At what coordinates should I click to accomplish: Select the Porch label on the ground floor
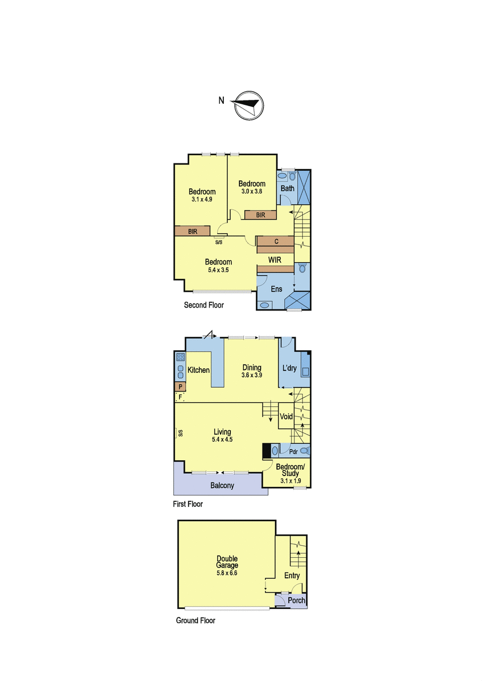pyautogui.click(x=296, y=600)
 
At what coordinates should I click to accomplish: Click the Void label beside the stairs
pyautogui.click(x=286, y=416)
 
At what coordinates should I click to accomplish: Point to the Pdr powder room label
pyautogui.click(x=293, y=452)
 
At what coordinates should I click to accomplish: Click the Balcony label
pyautogui.click(x=222, y=486)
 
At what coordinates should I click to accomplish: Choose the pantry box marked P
pyautogui.click(x=180, y=386)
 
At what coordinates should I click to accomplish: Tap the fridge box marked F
pyautogui.click(x=180, y=397)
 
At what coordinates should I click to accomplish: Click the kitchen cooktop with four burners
pyautogui.click(x=180, y=356)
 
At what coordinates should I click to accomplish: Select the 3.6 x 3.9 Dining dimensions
pyautogui.click(x=252, y=375)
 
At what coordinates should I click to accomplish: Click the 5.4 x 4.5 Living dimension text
pyautogui.click(x=222, y=439)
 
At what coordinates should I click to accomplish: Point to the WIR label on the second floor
pyautogui.click(x=275, y=260)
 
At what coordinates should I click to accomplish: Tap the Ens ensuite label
pyautogui.click(x=276, y=289)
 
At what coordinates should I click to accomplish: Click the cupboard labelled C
pyautogui.click(x=276, y=241)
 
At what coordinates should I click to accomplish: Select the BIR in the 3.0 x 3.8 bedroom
pyautogui.click(x=261, y=215)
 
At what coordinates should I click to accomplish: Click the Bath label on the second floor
pyautogui.click(x=288, y=188)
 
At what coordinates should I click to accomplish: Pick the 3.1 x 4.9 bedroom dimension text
pyautogui.click(x=202, y=199)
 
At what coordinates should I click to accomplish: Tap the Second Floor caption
pyautogui.click(x=203, y=305)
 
